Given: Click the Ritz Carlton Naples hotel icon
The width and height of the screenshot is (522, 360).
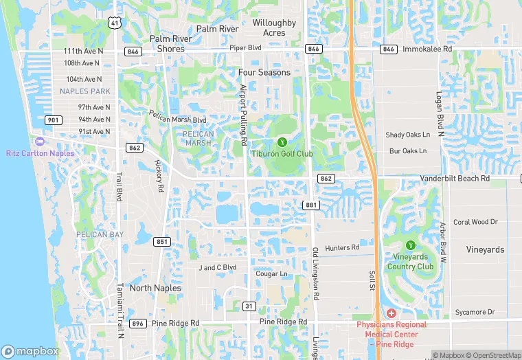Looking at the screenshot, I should (39, 142).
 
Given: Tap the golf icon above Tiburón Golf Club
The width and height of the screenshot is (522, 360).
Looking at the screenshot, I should (282, 142).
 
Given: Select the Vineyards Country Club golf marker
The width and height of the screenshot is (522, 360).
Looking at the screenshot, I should (411, 245).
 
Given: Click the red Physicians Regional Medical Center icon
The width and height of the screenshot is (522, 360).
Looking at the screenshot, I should (391, 313).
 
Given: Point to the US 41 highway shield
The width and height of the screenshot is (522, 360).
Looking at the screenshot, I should (114, 23).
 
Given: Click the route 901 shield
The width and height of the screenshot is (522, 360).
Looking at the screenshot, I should (54, 120).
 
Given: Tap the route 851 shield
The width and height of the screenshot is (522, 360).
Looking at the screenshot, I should (162, 242).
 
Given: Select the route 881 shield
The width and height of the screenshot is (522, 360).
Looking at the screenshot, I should (311, 205).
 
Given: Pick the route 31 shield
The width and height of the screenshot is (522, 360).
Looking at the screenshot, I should (249, 306).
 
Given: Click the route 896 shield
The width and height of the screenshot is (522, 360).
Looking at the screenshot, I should (138, 323).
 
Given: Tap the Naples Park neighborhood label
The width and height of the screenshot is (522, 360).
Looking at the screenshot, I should (84, 91).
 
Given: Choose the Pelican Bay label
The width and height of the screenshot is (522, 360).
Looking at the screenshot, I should (101, 235).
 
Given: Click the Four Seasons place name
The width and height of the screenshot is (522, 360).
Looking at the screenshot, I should (264, 72).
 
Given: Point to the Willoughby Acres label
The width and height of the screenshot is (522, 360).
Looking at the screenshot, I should (274, 27).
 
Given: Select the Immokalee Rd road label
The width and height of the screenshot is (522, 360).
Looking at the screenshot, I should (427, 49).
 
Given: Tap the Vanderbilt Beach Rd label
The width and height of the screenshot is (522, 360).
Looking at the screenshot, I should (455, 179).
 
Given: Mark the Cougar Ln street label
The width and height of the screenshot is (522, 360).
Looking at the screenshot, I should (271, 273).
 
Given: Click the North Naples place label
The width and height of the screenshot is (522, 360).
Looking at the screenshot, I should (155, 288).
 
